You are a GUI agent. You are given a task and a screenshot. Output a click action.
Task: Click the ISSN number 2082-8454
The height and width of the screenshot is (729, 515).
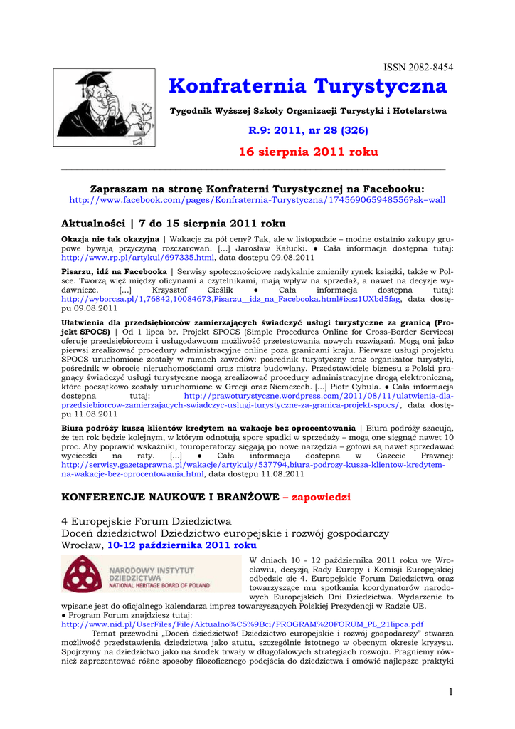coord(418,67)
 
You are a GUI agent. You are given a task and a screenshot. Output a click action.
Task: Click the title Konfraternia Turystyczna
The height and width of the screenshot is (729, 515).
coord(308,87)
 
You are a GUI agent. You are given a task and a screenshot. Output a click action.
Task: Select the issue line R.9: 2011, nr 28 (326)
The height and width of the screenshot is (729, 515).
coord(308,130)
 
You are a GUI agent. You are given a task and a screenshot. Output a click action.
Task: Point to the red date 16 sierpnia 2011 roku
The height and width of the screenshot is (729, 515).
coord(308,152)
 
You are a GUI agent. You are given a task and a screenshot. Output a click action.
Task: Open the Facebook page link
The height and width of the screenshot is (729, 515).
coord(257,200)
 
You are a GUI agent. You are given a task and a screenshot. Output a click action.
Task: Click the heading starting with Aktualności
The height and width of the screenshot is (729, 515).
coord(174,223)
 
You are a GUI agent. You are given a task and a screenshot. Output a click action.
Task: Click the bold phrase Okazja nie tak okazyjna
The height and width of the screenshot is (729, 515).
coord(110,238)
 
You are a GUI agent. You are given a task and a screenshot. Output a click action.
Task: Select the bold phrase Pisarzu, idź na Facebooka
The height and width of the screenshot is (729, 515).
coord(114,272)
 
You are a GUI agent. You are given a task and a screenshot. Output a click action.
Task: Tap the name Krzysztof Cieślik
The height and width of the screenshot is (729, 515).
coord(196,290)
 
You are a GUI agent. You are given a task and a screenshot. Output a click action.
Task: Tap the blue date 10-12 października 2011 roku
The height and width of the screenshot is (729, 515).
coord(181,545)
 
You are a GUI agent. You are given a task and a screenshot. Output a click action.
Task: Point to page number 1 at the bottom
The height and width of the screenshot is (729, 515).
coord(450,692)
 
